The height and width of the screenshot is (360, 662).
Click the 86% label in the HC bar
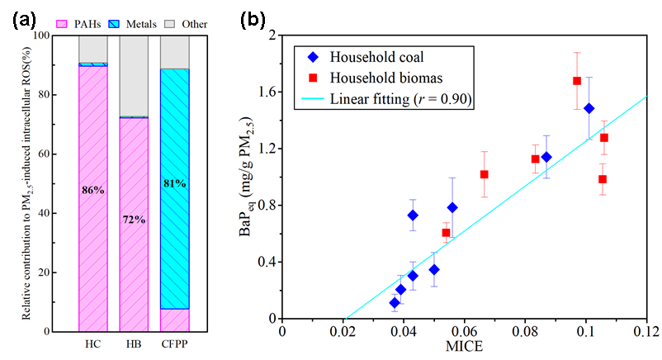coord(92,191)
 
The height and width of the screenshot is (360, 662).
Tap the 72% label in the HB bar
coord(133,220)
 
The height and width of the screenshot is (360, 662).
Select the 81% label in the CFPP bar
coord(174,183)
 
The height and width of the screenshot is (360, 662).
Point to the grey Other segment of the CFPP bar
coord(174,52)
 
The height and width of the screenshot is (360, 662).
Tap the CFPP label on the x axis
coord(174,343)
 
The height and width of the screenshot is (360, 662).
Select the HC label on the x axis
coord(92,343)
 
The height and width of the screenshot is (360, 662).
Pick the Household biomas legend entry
coord(367,78)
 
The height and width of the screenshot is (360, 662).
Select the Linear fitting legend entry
coord(385,99)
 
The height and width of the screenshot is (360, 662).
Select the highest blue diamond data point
coord(589,108)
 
